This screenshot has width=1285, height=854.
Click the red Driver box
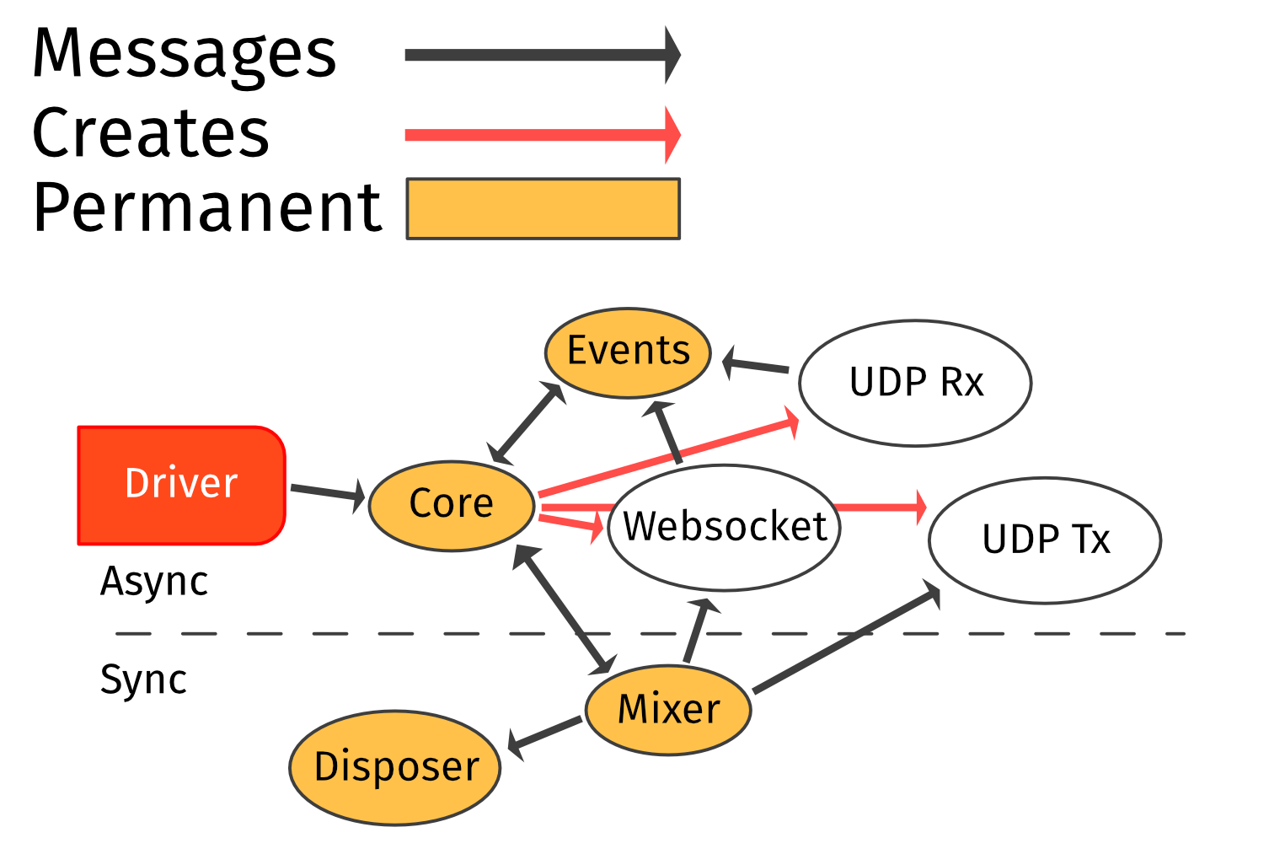(x=181, y=485)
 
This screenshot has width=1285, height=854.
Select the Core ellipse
(x=452, y=505)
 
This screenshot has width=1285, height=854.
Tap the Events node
(x=628, y=352)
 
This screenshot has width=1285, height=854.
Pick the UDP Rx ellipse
(x=915, y=383)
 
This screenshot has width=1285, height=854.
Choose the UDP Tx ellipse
(x=1045, y=540)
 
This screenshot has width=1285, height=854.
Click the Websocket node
(x=724, y=528)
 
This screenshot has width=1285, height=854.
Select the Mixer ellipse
(x=668, y=709)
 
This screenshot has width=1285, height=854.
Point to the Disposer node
(x=395, y=767)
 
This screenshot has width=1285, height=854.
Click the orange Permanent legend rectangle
(x=543, y=209)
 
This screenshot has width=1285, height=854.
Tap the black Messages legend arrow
(x=539, y=56)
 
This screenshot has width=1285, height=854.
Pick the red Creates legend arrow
(x=539, y=135)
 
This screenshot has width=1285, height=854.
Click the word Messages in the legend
(x=185, y=54)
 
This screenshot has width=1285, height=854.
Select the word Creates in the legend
(x=151, y=133)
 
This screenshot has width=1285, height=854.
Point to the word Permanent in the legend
(x=207, y=208)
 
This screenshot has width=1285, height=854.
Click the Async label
(x=154, y=582)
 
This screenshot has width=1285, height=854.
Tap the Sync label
(x=143, y=679)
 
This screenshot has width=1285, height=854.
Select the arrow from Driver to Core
(x=327, y=492)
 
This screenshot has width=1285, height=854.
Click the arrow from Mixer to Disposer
(x=546, y=733)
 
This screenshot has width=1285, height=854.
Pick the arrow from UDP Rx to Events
(x=757, y=366)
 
